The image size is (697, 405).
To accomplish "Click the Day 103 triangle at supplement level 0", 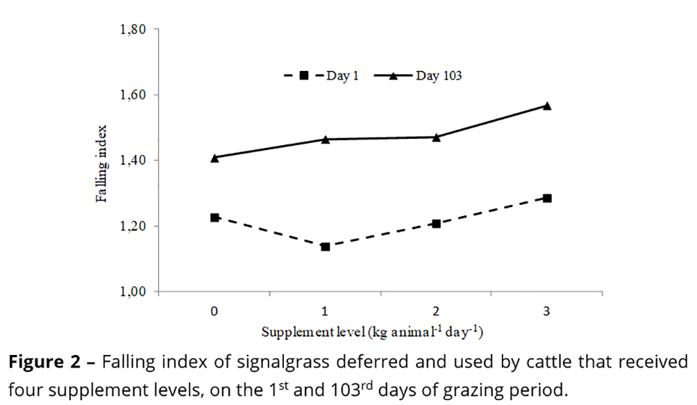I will pos(215,158).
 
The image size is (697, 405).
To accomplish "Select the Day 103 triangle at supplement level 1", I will pos(326,139).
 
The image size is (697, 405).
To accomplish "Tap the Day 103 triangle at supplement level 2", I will pos(436,137).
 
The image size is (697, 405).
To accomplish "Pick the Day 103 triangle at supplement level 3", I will pos(547,106).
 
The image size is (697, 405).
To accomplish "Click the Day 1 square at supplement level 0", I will pos(215,217).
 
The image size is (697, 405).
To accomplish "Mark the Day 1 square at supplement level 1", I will pos(326,247).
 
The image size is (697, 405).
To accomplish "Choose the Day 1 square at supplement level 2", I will pos(436,224).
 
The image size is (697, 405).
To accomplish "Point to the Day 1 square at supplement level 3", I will pos(547,198).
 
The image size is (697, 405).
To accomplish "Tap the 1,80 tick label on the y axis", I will pos(133,30).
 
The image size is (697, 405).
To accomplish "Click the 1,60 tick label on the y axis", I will pos(133,95).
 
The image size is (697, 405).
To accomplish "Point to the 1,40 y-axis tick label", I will pos(133,160).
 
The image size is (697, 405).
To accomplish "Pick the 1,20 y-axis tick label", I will pos(133,226).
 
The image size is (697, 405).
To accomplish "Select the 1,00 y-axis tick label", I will pos(133,292).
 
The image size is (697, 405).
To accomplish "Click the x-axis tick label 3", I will pos(547,311).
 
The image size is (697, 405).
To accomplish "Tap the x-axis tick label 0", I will pos(215,311).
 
